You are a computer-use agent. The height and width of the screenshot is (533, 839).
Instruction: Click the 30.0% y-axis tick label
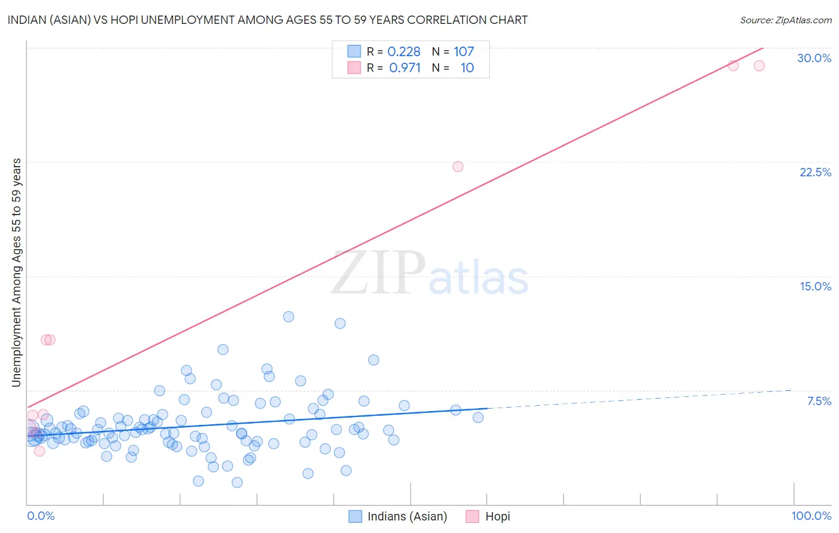pos(814,58)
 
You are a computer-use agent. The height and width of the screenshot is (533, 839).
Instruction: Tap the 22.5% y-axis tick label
pos(815,172)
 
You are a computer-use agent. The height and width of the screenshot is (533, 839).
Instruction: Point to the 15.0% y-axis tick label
pos(815,286)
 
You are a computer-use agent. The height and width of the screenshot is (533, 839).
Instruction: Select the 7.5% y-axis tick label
pos(819,401)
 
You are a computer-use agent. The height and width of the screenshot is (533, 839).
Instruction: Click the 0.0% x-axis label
pos(41,516)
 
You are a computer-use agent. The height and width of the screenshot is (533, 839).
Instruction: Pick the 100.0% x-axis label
pos(811,516)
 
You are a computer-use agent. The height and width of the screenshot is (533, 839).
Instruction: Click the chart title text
pos(267,20)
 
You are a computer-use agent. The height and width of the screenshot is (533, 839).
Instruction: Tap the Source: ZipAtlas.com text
pos(785,20)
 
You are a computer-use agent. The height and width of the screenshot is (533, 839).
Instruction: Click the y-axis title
pos(16,272)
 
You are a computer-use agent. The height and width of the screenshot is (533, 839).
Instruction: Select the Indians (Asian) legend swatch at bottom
pos(355,516)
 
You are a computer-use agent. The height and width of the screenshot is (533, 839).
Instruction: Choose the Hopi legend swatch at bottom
pos(473,516)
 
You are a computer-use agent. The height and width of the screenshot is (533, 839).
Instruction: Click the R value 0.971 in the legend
pos(405,68)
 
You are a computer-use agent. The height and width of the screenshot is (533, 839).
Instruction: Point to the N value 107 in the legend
pos(464,51)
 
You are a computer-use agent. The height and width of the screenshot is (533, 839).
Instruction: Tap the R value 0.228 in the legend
pos(404,51)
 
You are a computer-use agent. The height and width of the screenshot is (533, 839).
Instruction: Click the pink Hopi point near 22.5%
pos(458,167)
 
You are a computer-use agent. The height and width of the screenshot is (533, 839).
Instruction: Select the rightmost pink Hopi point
pos(759,66)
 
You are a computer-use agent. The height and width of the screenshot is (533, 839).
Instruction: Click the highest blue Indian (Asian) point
pos(288,317)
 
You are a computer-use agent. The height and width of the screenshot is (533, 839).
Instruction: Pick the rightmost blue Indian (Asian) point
pos(478,418)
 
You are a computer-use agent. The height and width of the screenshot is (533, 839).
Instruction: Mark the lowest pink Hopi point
pos(39,451)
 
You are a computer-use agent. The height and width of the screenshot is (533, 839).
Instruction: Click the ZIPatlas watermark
pos(430,274)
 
